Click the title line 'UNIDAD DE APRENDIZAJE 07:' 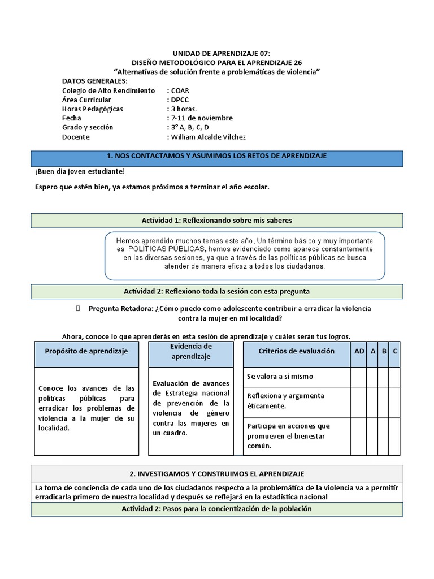[217, 53]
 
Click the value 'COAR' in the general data [180, 90]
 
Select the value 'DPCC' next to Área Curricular [180, 100]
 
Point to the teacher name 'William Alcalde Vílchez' [209, 137]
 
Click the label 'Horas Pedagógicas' [92, 109]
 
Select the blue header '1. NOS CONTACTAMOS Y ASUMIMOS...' [217, 156]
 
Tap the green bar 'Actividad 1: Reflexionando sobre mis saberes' [217, 220]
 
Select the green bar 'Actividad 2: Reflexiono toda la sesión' [217, 291]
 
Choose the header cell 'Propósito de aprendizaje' [86, 351]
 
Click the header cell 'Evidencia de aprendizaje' [190, 351]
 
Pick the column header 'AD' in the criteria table [359, 351]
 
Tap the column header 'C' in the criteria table [395, 351]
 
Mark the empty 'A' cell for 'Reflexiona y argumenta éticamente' [373, 401]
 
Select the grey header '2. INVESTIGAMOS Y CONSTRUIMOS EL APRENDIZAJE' [217, 474]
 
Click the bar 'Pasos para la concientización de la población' [217, 509]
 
